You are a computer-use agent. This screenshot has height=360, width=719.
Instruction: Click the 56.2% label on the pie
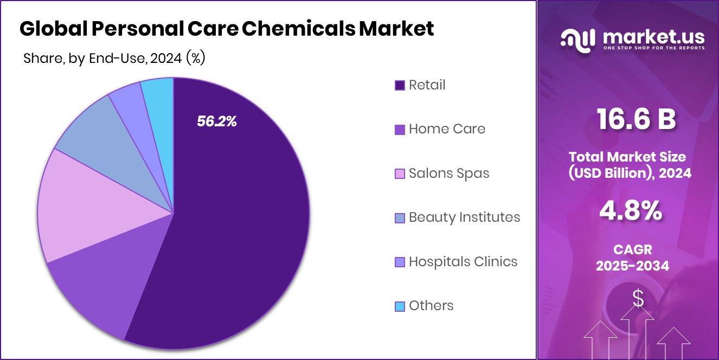pos(217,121)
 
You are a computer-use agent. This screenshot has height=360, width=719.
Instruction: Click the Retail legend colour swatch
pos(400,85)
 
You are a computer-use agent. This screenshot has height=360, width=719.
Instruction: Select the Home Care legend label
pos(447,129)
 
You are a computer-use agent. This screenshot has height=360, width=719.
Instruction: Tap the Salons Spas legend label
pos(449,173)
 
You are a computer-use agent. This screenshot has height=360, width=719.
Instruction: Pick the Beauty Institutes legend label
pos(464,217)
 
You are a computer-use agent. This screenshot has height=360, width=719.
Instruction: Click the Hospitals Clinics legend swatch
pos(400,262)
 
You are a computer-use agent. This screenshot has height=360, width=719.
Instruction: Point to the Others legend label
pos(431,306)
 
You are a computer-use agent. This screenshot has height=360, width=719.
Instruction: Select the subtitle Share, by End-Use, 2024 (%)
pos(114,58)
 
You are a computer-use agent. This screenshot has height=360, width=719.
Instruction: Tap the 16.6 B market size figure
pos(636,119)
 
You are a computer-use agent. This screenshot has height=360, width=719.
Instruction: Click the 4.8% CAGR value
pos(631,211)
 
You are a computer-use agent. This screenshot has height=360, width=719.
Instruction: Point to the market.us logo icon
pos(577,40)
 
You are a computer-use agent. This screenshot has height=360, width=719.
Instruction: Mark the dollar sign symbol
pos(638,298)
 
